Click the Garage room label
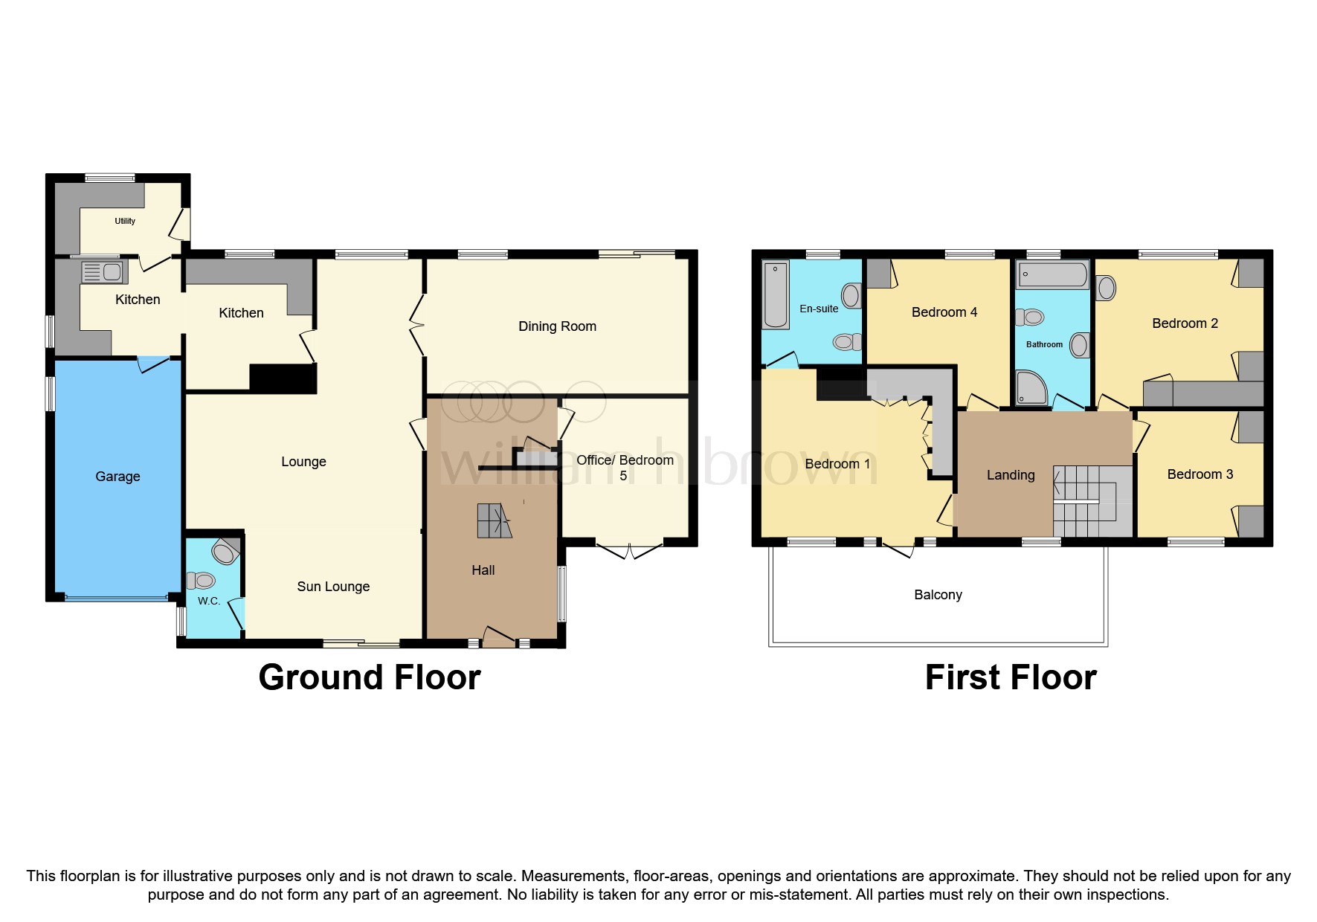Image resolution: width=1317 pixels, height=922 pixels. [117, 477]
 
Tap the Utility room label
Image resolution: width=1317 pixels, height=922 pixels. [125, 221]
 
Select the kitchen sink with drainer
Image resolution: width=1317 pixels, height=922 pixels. [103, 272]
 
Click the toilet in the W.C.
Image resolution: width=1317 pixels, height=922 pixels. [201, 580]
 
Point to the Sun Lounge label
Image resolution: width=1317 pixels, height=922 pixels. [333, 587]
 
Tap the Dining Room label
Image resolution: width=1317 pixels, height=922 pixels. [557, 326]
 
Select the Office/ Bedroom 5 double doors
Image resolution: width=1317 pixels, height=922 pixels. [629, 551]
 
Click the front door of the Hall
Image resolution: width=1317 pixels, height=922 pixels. [499, 636]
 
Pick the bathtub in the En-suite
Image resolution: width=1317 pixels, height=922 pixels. [776, 294]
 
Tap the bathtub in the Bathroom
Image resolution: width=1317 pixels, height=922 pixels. [1053, 274]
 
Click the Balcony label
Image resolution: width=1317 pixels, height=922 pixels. [938, 595]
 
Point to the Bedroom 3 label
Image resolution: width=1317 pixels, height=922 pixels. [1200, 474]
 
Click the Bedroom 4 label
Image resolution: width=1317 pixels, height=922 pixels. [944, 312]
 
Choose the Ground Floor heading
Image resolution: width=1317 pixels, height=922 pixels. [370, 677]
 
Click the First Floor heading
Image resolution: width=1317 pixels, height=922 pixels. [1011, 677]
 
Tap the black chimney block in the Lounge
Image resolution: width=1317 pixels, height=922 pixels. [283, 378]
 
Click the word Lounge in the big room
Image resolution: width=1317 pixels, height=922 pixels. [303, 462]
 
